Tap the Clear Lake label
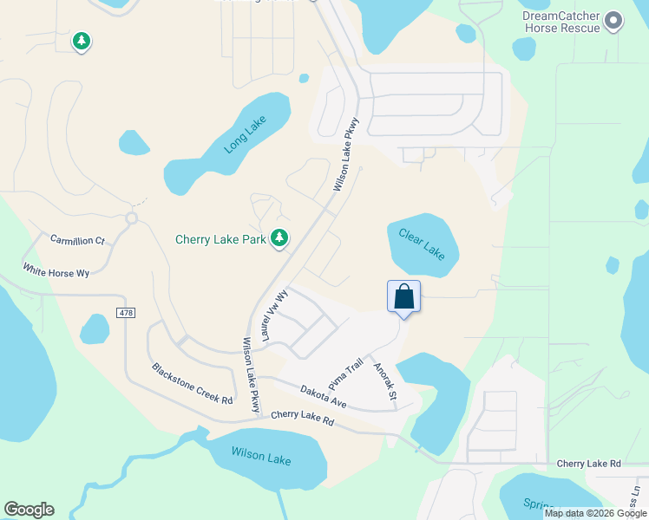pyautogui.click(x=422, y=244)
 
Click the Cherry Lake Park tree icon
pyautogui.click(x=279, y=237)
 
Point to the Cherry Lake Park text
pyautogui.click(x=220, y=239)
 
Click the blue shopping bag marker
pyautogui.click(x=404, y=296)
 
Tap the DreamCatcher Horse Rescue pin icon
pyautogui.click(x=614, y=20)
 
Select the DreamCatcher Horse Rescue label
pyautogui.click(x=561, y=22)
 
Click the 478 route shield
pyautogui.click(x=125, y=312)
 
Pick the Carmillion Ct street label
pyautogui.click(x=77, y=239)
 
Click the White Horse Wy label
pyautogui.click(x=56, y=271)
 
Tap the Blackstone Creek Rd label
pyautogui.click(x=192, y=383)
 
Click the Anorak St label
pyautogui.click(x=384, y=382)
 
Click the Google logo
pyautogui.click(x=29, y=510)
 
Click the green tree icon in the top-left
pyautogui.click(x=81, y=41)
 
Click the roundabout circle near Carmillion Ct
pyautogui.click(x=132, y=218)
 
